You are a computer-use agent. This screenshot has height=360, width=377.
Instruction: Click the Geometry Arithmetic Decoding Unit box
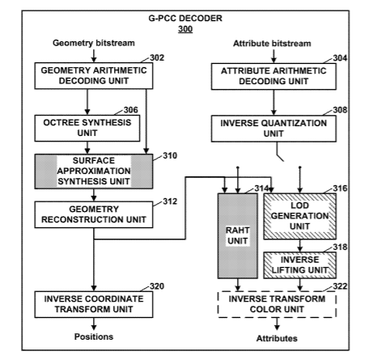[94, 76]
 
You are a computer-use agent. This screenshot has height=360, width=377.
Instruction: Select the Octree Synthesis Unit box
[87, 128]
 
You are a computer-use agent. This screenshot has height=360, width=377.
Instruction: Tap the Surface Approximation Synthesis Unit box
[94, 172]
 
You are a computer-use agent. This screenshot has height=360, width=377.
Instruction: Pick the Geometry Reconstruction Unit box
[94, 214]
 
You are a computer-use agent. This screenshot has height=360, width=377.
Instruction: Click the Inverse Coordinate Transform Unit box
[94, 304]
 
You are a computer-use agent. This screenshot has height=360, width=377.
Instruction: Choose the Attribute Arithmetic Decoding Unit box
[273, 76]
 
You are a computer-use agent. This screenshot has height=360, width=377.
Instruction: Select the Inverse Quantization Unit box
[273, 129]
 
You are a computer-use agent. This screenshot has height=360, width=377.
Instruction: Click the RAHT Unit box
[238, 235]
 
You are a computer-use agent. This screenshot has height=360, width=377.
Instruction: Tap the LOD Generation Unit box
[300, 216]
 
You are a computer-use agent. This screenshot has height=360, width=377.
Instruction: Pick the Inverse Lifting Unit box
[300, 265]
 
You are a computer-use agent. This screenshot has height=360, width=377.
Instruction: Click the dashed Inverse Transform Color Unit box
[277, 304]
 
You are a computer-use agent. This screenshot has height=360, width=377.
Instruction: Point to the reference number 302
[157, 57]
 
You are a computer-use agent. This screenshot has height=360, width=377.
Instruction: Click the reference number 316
[340, 188]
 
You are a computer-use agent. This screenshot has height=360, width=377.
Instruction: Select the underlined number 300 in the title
[185, 29]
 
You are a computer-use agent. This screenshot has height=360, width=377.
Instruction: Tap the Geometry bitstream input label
[94, 43]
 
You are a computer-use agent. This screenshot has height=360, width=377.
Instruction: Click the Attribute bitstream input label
[272, 44]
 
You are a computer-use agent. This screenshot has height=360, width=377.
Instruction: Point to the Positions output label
[94, 337]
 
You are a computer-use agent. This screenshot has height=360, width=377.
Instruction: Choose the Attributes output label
[277, 338]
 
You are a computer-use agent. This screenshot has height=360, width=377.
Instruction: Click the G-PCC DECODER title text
[185, 19]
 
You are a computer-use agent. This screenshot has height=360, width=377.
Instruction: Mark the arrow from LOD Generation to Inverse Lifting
[300, 246]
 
